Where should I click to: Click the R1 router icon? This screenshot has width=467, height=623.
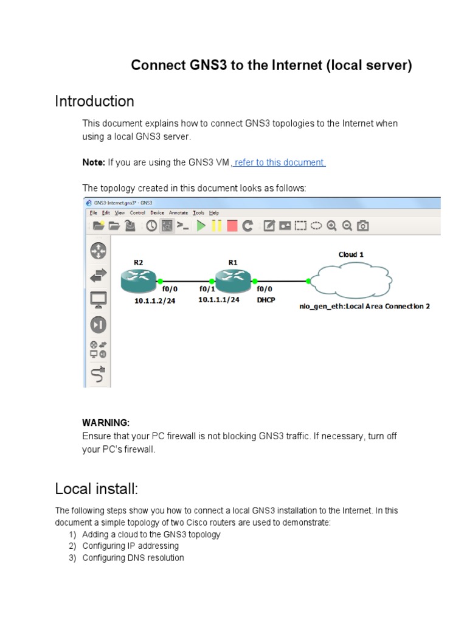pos(232,280)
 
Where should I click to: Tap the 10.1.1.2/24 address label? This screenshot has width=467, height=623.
pos(154,301)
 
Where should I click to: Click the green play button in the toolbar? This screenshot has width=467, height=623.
pos(201,226)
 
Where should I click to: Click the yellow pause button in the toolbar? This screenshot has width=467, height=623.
pos(216,226)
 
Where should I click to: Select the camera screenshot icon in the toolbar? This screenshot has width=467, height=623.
pos(363,226)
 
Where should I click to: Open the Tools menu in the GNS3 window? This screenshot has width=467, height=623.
pos(198,213)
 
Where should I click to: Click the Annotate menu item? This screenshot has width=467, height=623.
pos(178,213)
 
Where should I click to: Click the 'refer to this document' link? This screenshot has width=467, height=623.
pos(280,162)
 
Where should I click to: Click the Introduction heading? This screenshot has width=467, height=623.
pos(94,101)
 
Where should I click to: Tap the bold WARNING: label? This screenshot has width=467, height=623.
pos(106,423)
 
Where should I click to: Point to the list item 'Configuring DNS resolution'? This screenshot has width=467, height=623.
pos(133,558)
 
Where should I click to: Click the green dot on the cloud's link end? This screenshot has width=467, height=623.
pos(309,281)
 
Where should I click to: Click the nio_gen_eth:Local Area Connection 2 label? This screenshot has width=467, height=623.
pos(364,307)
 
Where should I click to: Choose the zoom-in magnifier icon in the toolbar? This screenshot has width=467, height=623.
pos(331,226)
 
